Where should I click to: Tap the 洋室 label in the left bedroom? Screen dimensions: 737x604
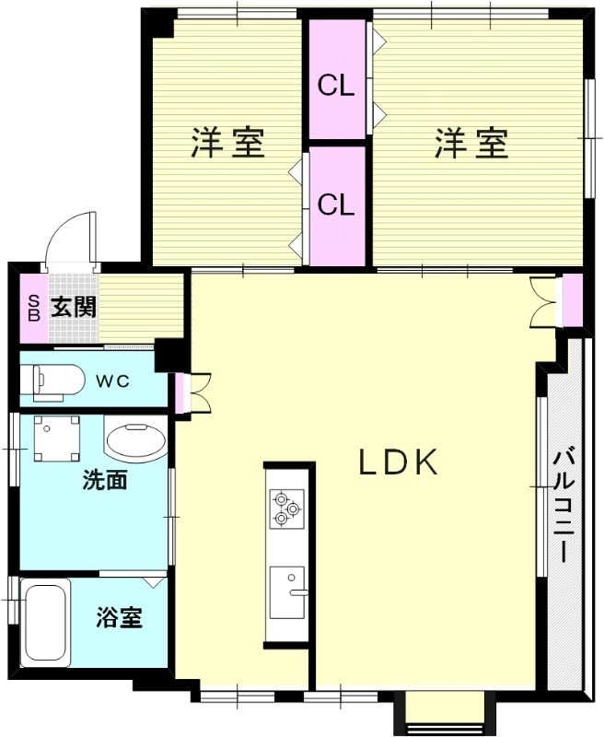point(228,144)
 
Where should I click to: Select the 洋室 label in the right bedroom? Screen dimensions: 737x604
point(471,144)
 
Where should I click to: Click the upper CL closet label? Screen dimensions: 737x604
point(336,86)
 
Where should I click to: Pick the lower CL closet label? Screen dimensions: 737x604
point(336,205)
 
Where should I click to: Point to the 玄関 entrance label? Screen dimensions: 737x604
point(73,307)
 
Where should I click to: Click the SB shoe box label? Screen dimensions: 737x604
point(33,307)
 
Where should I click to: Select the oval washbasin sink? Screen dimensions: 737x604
point(135,441)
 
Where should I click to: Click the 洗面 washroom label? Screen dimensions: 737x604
point(105,480)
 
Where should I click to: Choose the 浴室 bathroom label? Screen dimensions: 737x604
point(120,617)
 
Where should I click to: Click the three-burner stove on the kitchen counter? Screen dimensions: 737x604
point(285,508)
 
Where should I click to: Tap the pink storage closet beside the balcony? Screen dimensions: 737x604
point(573,299)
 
